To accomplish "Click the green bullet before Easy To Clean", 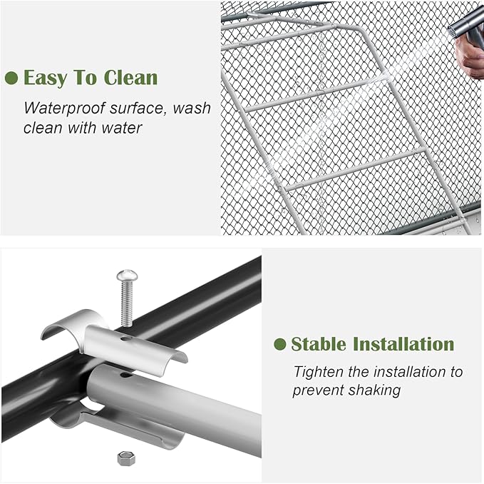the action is click(11, 78).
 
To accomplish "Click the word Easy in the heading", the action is click(45, 78).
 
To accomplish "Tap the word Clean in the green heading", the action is click(131, 77).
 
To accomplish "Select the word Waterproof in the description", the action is click(65, 109).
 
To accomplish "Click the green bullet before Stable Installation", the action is click(280, 344).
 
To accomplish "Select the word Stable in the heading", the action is click(319, 344).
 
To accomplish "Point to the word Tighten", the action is click(319, 373).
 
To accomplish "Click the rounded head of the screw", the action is click(127, 274).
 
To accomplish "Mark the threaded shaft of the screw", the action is click(127, 303).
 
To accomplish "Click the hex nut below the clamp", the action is click(126, 458).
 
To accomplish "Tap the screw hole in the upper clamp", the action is click(125, 339).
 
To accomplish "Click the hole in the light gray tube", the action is click(125, 375).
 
